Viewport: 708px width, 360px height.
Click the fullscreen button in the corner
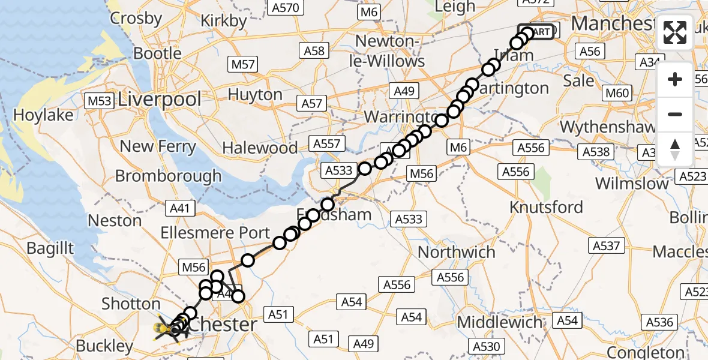(x=675, y=32)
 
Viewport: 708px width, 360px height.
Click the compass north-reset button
(x=675, y=149)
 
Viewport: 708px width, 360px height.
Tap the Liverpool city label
(x=160, y=99)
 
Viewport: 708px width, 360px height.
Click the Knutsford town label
(x=546, y=208)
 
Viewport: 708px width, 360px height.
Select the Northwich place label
(x=457, y=252)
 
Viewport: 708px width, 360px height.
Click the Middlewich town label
(x=499, y=322)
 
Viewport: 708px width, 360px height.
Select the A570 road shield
(x=285, y=7)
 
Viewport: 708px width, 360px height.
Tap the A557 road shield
(x=326, y=143)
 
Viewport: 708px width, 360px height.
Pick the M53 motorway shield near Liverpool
(x=99, y=101)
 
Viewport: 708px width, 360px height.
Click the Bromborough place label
(x=168, y=176)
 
